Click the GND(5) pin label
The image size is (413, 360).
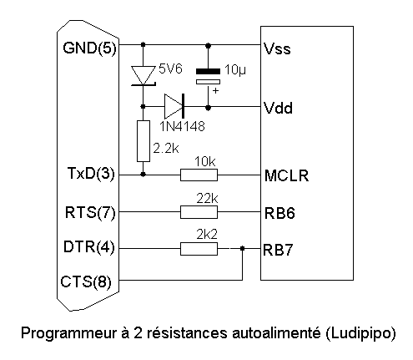tap(89, 48)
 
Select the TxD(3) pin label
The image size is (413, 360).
tap(91, 174)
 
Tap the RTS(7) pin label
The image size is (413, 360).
tap(90, 212)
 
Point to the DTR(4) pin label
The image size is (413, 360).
tap(89, 246)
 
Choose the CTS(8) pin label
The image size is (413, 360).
tap(86, 281)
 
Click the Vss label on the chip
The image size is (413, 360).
tap(277, 49)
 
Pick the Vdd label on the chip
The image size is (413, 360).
tap(278, 108)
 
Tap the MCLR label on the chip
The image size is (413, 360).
tap(286, 175)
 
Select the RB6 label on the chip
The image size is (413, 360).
tap(280, 213)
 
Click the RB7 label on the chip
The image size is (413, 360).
tap(278, 250)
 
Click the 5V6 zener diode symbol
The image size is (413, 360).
tap(144, 76)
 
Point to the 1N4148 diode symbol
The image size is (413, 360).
tap(174, 106)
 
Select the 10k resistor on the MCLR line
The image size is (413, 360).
tap(199, 175)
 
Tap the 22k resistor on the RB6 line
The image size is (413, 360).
tap(199, 212)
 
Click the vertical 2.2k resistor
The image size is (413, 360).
tap(144, 141)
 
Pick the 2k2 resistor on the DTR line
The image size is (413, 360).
tap(199, 249)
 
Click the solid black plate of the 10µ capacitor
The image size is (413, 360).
tap(208, 71)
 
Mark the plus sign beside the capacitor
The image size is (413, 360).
tap(215, 91)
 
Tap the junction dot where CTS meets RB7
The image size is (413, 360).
tap(242, 248)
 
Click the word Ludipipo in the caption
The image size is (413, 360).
tap(360, 333)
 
